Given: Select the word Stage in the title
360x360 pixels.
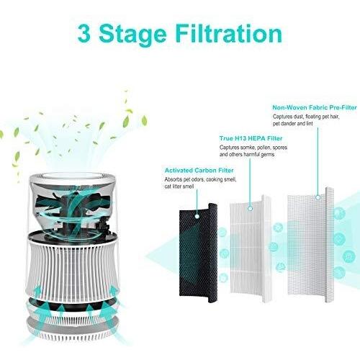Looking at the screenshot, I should (137, 34).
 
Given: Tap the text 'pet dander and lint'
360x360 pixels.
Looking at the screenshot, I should (297, 124).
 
